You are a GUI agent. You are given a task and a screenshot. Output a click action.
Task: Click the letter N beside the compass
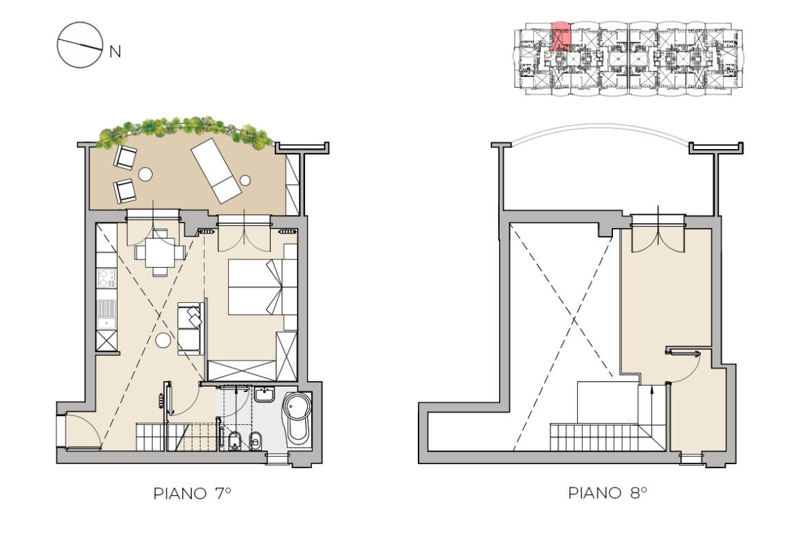[115, 51]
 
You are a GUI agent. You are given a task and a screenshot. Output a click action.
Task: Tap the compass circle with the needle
[78, 45]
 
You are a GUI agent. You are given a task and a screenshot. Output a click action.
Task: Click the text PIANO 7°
[192, 493]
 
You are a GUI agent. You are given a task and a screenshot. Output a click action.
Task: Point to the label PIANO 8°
[608, 493]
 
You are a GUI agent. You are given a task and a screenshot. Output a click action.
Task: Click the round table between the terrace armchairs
[146, 174]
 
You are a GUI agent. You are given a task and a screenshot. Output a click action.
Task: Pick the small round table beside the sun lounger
[245, 181]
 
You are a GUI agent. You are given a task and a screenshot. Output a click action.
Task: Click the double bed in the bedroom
[256, 286]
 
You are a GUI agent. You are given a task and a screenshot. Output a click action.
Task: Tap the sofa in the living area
[190, 328]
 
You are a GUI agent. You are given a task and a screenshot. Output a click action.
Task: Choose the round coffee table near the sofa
[163, 340]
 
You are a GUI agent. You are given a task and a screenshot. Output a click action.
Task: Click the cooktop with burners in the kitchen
[107, 278]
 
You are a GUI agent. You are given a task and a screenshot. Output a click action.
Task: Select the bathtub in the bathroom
[298, 417]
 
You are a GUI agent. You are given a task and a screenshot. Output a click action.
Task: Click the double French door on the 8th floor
[658, 237]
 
